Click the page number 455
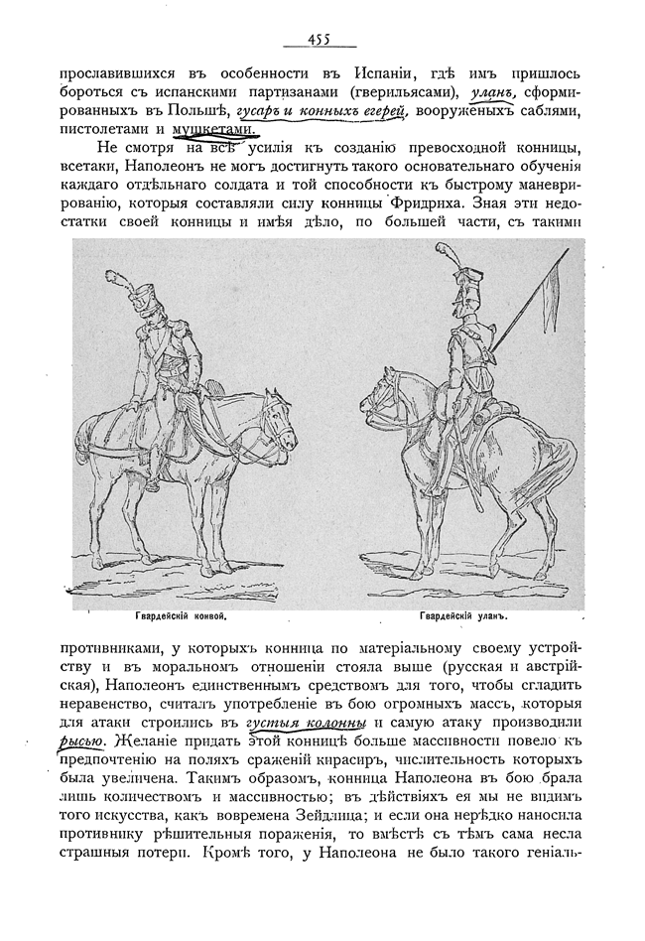click(x=320, y=41)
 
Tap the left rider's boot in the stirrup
click(x=151, y=482)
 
